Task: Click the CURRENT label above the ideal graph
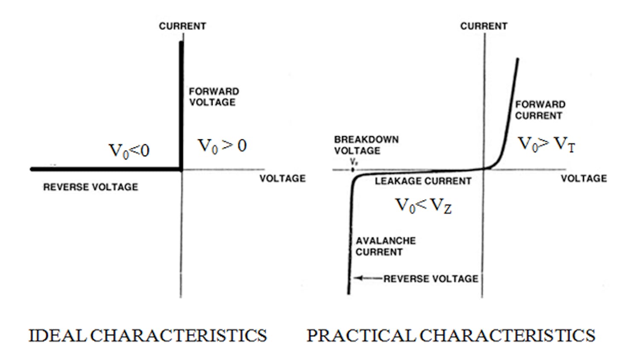(182, 26)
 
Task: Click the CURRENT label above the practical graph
(484, 26)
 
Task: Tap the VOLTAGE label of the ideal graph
(282, 179)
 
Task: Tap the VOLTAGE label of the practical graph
(584, 179)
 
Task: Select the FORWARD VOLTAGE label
(214, 97)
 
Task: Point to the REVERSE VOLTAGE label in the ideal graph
(91, 187)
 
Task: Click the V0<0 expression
(129, 151)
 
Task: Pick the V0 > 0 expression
(222, 146)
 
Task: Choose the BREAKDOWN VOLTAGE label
(366, 145)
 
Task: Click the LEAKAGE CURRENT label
(423, 181)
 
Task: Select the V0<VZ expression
(423, 206)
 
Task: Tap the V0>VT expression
(546, 144)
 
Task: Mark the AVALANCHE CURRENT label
(385, 246)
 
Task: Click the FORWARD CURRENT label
(540, 110)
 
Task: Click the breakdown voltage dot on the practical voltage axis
(352, 170)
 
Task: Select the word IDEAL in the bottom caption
(58, 336)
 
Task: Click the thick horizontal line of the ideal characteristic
(107, 170)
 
